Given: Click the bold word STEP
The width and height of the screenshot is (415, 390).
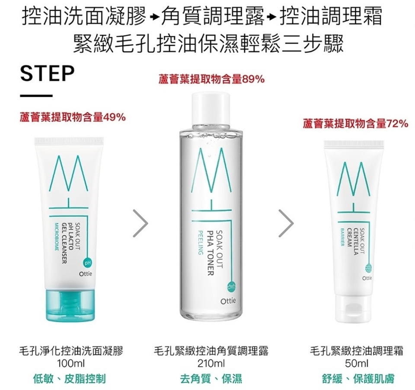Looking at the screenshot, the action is (48, 73).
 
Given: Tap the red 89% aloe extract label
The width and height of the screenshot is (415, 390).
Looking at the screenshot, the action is (211, 79).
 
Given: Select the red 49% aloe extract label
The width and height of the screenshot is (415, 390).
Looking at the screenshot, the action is (73, 117).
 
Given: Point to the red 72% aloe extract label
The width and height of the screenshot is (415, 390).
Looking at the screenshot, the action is (355, 124).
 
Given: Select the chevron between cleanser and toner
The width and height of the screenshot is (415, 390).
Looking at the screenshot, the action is (140, 223).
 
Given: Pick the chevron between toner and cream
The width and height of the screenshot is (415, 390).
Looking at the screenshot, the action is (286, 223).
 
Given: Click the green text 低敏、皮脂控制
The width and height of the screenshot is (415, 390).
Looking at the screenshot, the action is (70, 378).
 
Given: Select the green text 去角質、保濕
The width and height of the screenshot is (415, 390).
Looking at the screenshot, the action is (211, 378).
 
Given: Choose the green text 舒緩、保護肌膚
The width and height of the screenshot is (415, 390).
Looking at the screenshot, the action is (358, 378).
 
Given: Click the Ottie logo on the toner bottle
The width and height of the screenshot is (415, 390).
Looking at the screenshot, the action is (228, 301).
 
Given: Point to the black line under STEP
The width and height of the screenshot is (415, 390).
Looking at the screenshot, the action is (36, 96).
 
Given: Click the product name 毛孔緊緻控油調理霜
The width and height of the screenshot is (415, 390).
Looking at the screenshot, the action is (357, 351).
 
